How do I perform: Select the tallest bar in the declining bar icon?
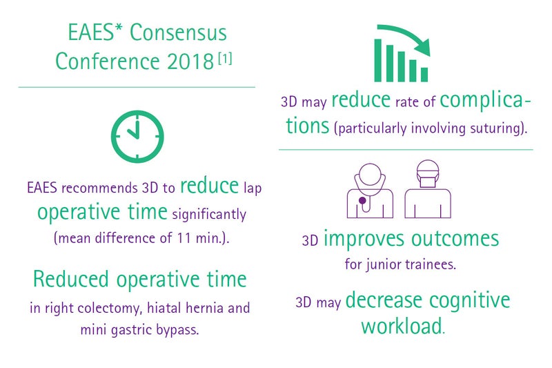(377, 60)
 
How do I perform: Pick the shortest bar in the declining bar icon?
(424, 75)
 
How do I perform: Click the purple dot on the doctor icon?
(362, 201)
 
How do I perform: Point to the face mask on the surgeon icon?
(428, 181)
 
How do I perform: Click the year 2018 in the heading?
(190, 61)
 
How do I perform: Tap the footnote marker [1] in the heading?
(225, 58)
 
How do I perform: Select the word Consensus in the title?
(178, 32)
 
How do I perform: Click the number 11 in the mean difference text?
(184, 238)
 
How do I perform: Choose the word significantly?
(209, 215)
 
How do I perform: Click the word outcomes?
(455, 239)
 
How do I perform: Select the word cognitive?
(470, 300)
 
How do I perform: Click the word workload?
(402, 326)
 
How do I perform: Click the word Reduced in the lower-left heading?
(71, 279)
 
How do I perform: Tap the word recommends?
(99, 188)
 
